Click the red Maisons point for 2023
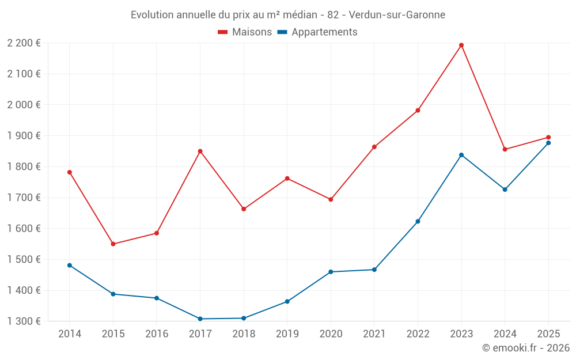(461, 45)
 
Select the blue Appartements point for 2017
(200, 319)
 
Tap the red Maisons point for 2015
(113, 244)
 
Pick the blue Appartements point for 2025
(548, 143)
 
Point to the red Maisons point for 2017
(200, 151)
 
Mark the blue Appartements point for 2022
(418, 222)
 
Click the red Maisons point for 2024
(505, 150)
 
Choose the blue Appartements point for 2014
(70, 265)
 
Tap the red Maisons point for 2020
(331, 199)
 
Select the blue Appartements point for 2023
(461, 155)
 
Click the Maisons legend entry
(245, 32)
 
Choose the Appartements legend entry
(317, 32)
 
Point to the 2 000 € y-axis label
(24, 105)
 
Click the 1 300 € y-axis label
(24, 321)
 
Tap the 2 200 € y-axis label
(24, 43)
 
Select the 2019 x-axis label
(287, 334)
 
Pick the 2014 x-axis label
(70, 334)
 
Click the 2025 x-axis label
(548, 334)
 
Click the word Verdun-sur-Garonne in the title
(397, 15)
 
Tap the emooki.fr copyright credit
(526, 348)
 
